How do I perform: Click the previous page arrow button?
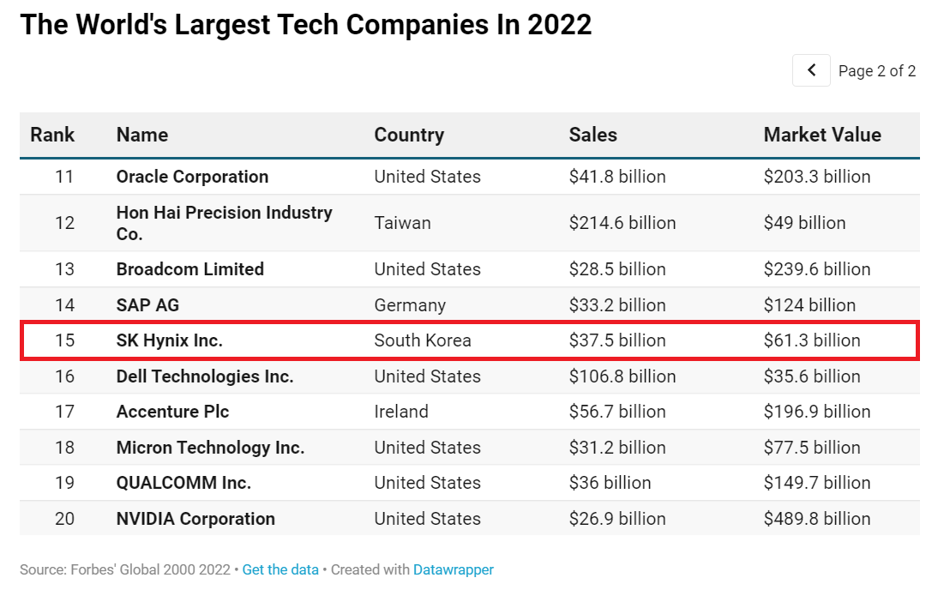pos(811,70)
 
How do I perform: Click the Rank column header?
pos(52,135)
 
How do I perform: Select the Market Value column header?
pos(822,135)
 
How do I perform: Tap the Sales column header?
pos(592,135)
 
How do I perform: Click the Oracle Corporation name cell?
pos(192,177)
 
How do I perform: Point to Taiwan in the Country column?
pos(402,223)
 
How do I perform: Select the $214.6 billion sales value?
pos(622,223)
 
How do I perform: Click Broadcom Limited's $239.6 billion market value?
pos(816,269)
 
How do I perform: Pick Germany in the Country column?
pos(410,305)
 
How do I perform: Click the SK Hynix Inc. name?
pos(169,340)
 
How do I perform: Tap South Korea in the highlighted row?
pos(423,340)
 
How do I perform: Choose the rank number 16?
pos(64,376)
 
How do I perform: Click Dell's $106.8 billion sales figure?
pos(622,376)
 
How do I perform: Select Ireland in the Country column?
pos(400,412)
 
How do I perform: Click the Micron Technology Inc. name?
pos(210,448)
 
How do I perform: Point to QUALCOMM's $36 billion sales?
pos(610,483)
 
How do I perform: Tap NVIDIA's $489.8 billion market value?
pos(816,519)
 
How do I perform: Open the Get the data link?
pos(280,569)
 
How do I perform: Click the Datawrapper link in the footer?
pos(453,569)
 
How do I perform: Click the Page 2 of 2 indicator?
pos(876,71)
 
